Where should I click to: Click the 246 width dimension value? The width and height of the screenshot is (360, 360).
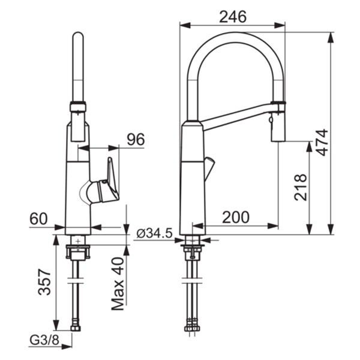233,17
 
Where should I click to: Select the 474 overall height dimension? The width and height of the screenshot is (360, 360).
322,143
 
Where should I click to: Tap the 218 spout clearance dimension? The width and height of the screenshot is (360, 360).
301,187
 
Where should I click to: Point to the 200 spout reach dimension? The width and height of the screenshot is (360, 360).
236,217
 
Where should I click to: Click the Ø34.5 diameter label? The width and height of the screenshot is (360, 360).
154,234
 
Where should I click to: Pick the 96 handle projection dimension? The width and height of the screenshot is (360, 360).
136,139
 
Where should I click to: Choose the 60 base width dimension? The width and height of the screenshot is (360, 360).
38,218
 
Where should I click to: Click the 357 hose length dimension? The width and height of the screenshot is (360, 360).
44,281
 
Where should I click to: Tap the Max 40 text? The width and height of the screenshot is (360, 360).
118,284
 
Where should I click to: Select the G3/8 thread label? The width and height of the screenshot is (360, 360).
44,340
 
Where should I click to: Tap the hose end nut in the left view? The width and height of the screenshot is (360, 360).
76,328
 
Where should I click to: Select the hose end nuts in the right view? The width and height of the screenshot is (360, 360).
192,326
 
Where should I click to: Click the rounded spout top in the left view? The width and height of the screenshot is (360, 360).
78,37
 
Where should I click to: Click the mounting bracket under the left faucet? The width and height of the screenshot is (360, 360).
78,252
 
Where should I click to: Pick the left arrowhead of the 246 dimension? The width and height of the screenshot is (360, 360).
185,25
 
